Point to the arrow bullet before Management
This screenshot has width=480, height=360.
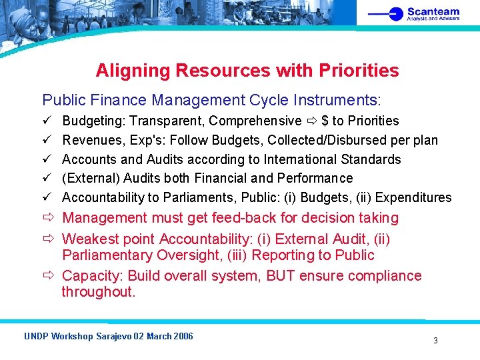pos(48,218)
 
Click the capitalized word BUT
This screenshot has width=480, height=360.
pos(282,276)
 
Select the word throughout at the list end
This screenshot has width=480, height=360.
pos(98,292)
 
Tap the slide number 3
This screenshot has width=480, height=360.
pos(435,341)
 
